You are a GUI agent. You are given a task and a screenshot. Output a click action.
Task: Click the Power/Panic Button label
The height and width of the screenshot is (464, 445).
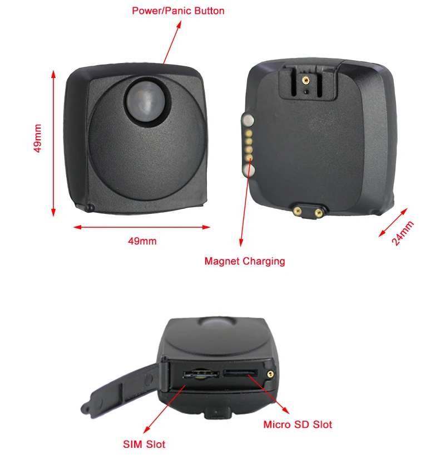point(178,11)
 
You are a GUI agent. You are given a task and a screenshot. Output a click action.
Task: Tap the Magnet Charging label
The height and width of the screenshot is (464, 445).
point(244,261)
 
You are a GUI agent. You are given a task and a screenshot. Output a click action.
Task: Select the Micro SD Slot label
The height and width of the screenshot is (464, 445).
point(298,424)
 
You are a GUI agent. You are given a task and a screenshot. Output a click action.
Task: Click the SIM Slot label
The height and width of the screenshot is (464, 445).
point(144,444)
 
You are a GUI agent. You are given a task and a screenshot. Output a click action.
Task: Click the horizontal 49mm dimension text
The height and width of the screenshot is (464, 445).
point(142,241)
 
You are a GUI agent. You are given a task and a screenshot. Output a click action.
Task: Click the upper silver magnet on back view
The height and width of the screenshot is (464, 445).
point(248,119)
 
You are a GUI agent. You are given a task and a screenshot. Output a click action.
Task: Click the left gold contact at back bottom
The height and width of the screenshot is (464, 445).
point(298,211)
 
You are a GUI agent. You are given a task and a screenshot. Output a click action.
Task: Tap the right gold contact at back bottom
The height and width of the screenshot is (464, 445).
point(318,211)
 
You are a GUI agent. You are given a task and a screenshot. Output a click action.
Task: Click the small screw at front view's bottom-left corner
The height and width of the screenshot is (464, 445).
point(91,208)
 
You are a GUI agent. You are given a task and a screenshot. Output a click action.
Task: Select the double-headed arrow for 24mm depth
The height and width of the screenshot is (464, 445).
point(393,222)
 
